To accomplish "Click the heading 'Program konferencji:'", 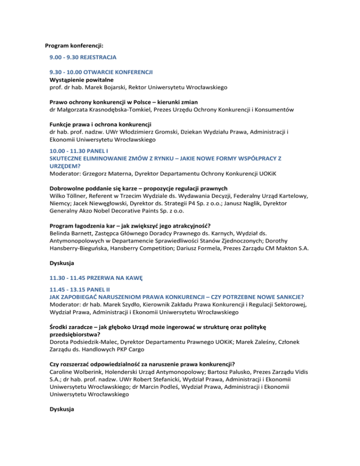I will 74,46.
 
